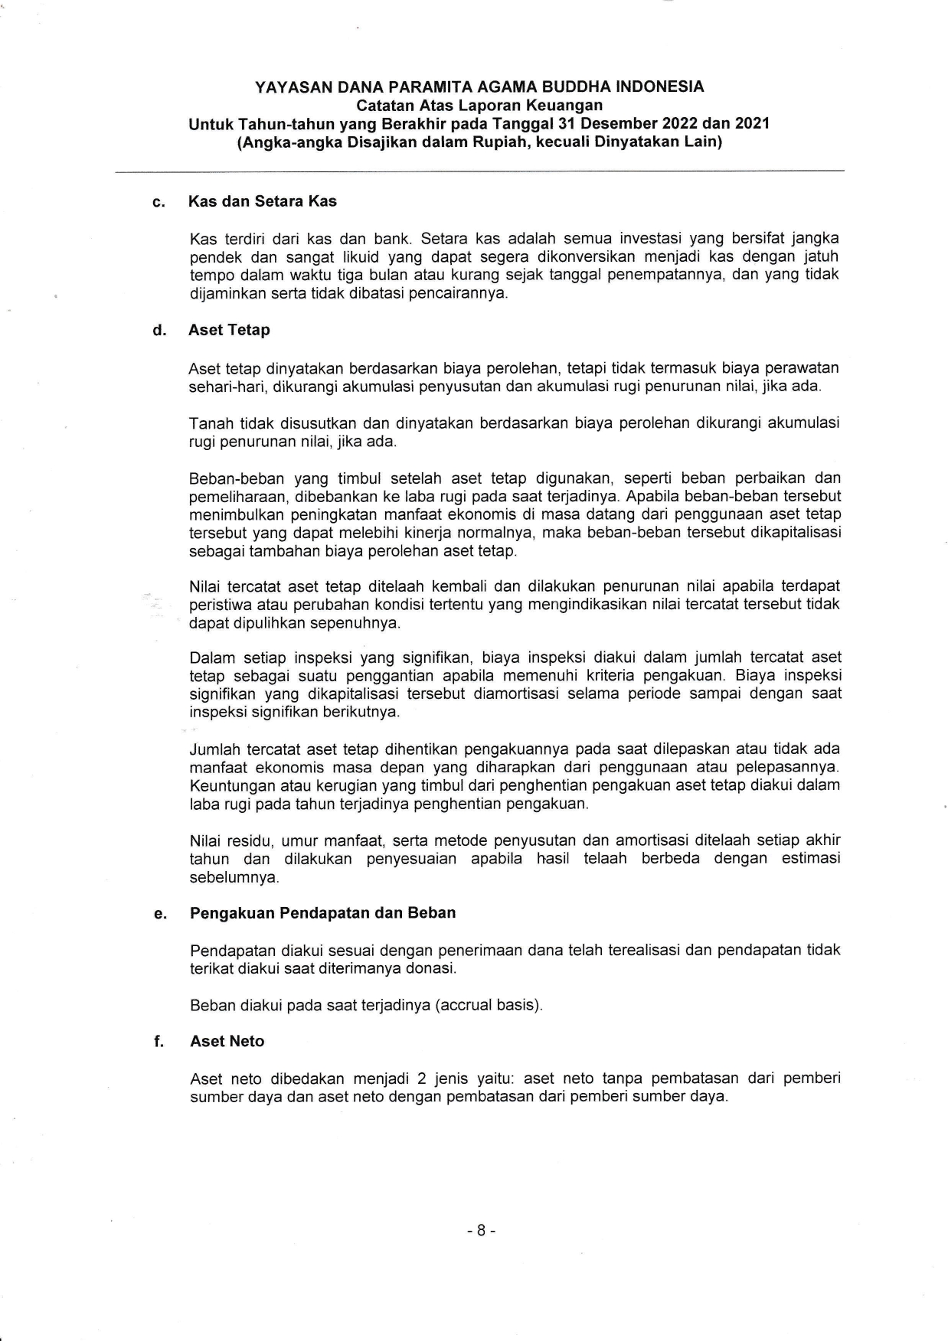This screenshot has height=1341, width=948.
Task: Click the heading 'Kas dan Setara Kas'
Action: pyautogui.click(x=263, y=201)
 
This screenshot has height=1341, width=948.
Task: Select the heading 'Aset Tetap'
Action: pyautogui.click(x=229, y=330)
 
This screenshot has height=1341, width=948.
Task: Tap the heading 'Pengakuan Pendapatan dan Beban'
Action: pyautogui.click(x=322, y=912)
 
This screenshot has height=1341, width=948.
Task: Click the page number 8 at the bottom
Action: pyautogui.click(x=481, y=1231)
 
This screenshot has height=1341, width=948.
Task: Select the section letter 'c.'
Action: pyautogui.click(x=159, y=202)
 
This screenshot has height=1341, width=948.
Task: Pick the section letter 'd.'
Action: pyautogui.click(x=159, y=331)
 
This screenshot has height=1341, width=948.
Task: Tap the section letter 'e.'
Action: pyautogui.click(x=159, y=913)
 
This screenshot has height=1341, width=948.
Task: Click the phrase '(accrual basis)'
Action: pyautogui.click(x=489, y=1005)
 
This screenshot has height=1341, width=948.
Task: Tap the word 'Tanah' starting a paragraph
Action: pyautogui.click(x=211, y=423)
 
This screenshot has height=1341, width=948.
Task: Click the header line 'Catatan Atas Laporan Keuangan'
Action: pyautogui.click(x=479, y=105)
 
